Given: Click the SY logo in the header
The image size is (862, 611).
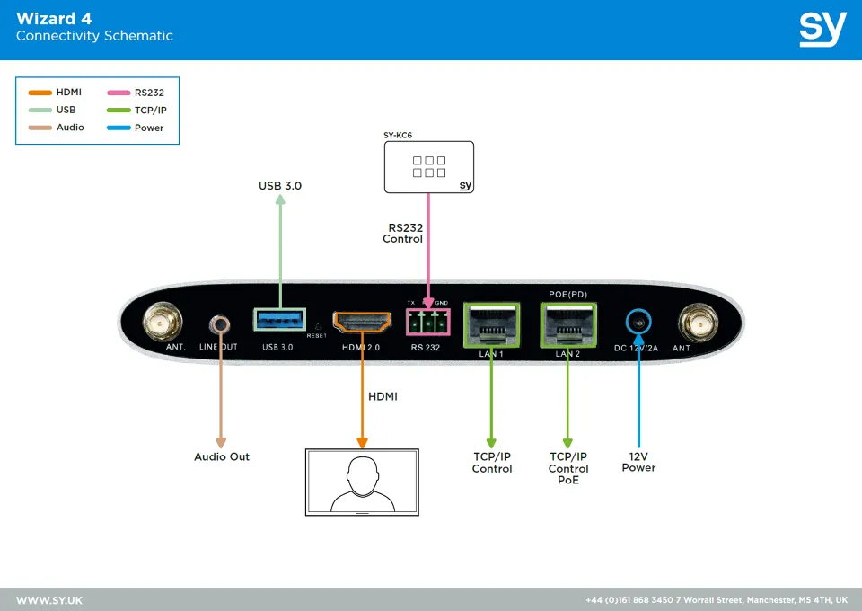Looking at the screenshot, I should [822, 29].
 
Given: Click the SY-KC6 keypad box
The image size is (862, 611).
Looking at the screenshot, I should [428, 167].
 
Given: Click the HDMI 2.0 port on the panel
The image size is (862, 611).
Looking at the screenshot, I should [362, 322].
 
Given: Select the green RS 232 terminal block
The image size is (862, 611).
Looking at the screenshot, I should [427, 322].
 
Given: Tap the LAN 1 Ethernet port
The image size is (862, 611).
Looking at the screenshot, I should [491, 325].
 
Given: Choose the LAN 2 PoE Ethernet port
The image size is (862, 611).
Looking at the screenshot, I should [567, 325].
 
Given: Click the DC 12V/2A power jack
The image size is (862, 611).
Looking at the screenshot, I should [638, 322].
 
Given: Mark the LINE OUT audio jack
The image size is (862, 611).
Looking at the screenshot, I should [218, 323].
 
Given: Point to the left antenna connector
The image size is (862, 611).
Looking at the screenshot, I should [163, 320].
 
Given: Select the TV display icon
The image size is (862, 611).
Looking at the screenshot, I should [362, 481].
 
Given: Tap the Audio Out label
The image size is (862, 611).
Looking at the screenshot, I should [222, 456].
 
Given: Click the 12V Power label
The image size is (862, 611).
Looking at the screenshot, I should [638, 462].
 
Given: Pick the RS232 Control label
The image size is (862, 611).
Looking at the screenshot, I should [403, 234].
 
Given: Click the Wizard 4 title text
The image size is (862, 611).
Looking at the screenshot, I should [54, 19].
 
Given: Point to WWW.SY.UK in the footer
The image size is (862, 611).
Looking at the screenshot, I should [49, 599].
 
